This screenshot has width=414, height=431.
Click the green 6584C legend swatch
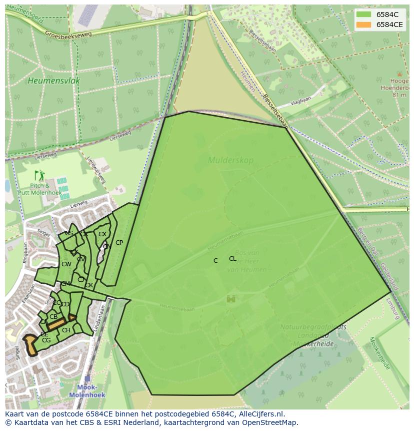(364, 15)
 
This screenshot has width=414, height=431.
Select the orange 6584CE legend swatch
(364, 25)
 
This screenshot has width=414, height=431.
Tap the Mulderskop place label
(230, 161)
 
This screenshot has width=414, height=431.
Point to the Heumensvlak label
(54, 81)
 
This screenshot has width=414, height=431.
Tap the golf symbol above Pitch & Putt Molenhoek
(39, 175)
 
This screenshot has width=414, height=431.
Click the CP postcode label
(119, 243)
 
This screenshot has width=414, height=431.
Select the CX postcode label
(102, 234)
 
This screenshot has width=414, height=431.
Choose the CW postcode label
(66, 264)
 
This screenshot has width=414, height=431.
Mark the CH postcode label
(66, 330)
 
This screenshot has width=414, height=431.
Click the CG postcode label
(46, 340)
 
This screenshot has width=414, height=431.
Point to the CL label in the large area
(232, 259)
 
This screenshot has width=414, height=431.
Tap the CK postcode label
(89, 286)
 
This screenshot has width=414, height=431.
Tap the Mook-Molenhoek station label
(87, 390)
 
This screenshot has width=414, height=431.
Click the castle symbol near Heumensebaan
(231, 299)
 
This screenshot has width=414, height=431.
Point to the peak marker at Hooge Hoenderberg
(399, 74)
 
